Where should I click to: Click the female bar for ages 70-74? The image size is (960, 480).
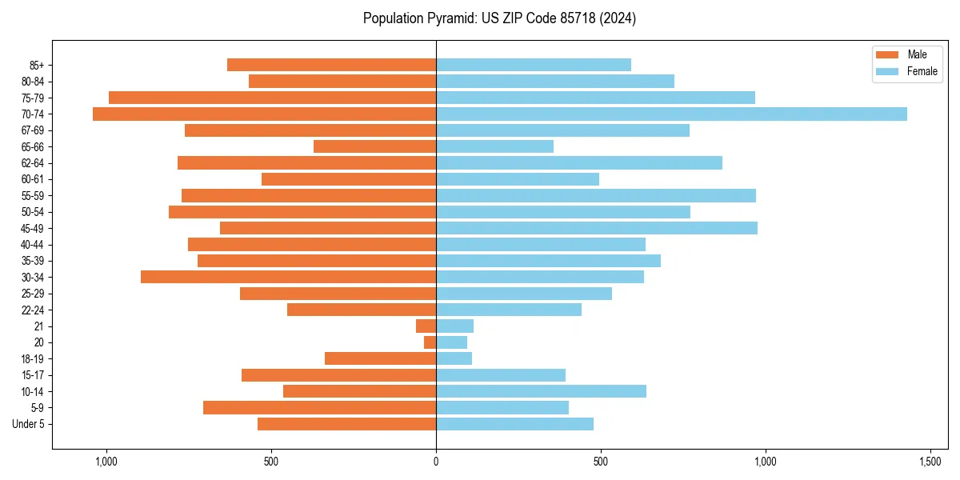671,114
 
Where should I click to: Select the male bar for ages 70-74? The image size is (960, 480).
264,114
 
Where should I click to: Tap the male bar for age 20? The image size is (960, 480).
430,342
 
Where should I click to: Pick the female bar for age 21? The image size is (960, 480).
454,326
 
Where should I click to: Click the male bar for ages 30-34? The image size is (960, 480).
288,277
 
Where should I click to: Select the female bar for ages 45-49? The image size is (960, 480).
597,228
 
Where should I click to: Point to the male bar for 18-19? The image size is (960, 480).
380,358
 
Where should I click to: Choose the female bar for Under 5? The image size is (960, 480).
514,424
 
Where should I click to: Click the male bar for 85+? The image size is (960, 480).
331,65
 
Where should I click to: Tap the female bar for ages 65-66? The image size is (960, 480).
494,146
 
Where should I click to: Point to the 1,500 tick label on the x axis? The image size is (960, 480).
930,462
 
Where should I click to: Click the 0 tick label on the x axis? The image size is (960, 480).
436,462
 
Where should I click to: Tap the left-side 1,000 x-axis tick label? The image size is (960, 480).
106,462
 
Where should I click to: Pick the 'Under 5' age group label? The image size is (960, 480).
29,424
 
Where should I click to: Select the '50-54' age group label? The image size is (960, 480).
33,212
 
